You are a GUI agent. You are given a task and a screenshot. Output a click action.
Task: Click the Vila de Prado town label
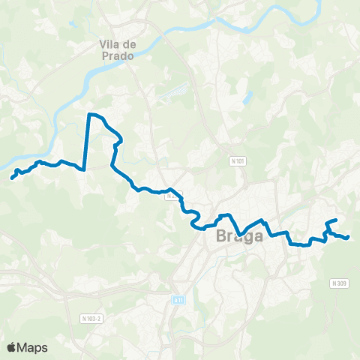pos(116,50)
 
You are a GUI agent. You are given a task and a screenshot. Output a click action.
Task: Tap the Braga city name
pos(238,236)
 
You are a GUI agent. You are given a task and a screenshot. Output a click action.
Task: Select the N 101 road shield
pos(238,160)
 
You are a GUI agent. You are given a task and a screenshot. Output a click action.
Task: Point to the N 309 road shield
pos(339,283)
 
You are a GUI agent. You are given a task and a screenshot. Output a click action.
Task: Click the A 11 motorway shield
pos(178,300)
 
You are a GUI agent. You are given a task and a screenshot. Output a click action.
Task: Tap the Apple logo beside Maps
pos(11,347)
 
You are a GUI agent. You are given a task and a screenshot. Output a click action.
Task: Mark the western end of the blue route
pos(12,178)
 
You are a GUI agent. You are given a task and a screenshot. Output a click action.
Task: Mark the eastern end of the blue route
pos(349,238)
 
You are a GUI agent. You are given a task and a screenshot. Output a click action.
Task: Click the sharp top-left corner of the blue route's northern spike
pos(89,114)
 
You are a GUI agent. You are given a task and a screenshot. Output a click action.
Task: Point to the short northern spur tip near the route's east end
pos(335,220)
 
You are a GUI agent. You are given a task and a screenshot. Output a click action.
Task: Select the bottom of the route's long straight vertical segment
pos(85,169)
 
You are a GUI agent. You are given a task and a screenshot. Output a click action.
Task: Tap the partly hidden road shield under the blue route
pos(172,196)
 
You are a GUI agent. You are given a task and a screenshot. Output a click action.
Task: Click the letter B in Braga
pos(220,236)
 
